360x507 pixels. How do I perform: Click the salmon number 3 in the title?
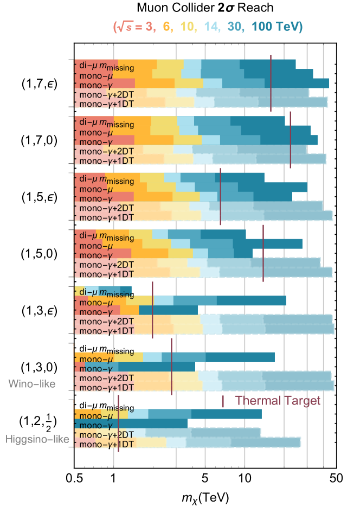[149, 27]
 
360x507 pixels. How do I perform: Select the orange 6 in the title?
[166, 27]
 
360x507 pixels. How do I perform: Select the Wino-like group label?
[31, 384]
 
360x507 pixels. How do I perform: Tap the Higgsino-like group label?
[37, 439]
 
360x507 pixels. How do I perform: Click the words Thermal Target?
[278, 401]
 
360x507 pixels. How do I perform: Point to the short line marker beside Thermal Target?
[223, 401]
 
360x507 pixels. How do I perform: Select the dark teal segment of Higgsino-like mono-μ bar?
[226, 414]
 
